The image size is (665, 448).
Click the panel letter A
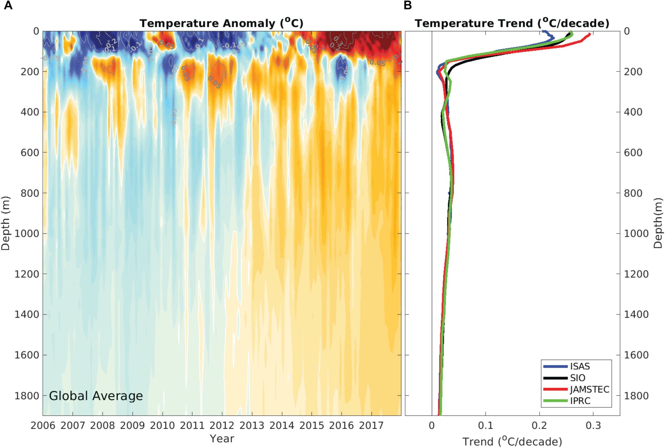[8, 6]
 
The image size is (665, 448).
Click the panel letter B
[408, 6]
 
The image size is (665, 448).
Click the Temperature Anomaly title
[221, 23]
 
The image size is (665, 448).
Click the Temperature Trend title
[512, 23]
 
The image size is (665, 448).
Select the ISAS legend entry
[580, 366]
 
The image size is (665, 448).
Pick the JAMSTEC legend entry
[589, 390]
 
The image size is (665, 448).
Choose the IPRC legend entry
[580, 401]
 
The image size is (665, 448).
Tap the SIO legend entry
[578, 378]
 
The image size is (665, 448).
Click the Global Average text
[96, 396]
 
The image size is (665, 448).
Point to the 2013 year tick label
[252, 425]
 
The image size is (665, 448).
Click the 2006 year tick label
[43, 425]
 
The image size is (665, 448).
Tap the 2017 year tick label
[371, 425]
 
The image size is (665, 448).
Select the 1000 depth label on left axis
[27, 234]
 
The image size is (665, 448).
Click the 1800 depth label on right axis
[636, 396]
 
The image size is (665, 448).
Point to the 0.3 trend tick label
[593, 425]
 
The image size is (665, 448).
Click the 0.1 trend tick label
[485, 425]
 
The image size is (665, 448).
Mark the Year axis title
[222, 439]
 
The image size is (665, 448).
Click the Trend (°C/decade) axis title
[512, 442]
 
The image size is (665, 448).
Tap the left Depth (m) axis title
[6, 223]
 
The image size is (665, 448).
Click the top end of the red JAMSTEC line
[590, 34]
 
